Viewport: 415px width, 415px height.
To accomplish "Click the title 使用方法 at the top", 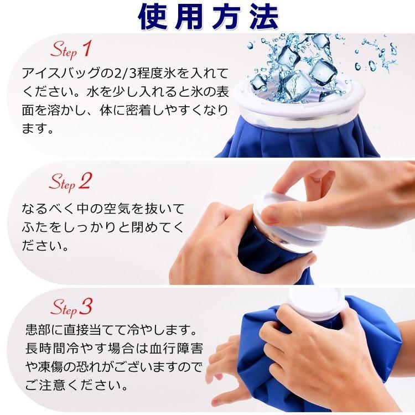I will pos(207,18).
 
